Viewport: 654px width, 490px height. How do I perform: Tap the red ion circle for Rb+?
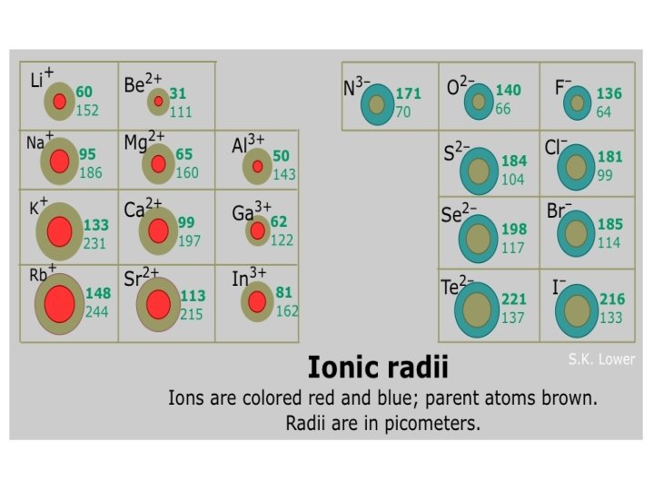point(59,303)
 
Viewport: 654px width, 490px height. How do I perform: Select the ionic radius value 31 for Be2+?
point(177,93)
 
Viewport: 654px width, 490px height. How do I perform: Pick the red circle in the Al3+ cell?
point(257,166)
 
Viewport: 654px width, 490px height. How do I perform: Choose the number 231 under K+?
point(95,243)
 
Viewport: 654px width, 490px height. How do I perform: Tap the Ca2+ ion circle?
point(158,230)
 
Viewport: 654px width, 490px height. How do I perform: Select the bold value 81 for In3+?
point(283,293)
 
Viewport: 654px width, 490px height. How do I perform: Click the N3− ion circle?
point(377,103)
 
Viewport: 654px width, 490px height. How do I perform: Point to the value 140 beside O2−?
point(508,91)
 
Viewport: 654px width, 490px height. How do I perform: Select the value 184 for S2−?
point(514,162)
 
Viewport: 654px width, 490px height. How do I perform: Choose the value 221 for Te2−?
point(514,299)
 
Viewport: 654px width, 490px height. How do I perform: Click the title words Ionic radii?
point(378,368)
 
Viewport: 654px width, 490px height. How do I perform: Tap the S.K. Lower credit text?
point(601,359)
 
